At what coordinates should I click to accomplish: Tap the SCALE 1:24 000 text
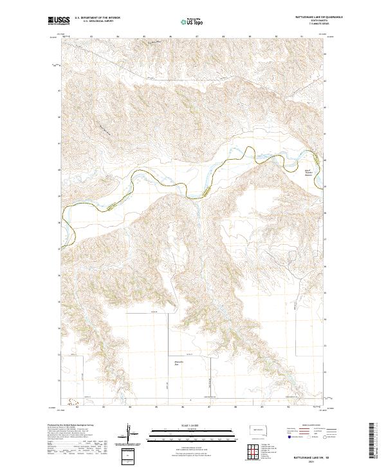tap(185, 425)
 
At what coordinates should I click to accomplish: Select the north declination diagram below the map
tap(129, 433)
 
